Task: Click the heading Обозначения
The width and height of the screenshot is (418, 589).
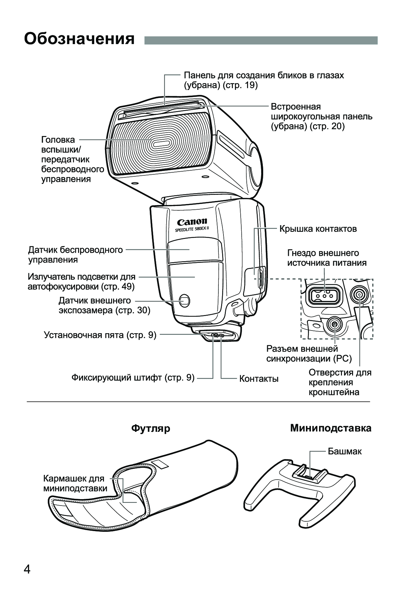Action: point(79,39)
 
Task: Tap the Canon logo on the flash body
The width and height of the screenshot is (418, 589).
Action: point(192,222)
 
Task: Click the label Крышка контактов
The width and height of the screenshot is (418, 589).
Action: point(318,229)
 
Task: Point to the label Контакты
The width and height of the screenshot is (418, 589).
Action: point(259,379)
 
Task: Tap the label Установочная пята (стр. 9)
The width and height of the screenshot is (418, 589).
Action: point(100,335)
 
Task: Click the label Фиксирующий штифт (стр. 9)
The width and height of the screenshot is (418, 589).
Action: point(133,378)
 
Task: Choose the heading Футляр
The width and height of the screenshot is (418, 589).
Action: point(150,428)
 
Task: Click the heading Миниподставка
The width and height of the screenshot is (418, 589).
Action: point(331,428)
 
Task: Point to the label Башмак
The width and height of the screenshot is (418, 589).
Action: point(345,451)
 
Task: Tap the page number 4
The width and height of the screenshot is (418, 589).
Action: point(27,569)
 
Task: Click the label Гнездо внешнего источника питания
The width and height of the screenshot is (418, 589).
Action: point(326,258)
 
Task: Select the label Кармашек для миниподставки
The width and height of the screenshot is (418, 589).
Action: point(75,483)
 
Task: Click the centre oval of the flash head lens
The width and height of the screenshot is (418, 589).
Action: point(160,144)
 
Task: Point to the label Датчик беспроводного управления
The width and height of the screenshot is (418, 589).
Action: point(75,255)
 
